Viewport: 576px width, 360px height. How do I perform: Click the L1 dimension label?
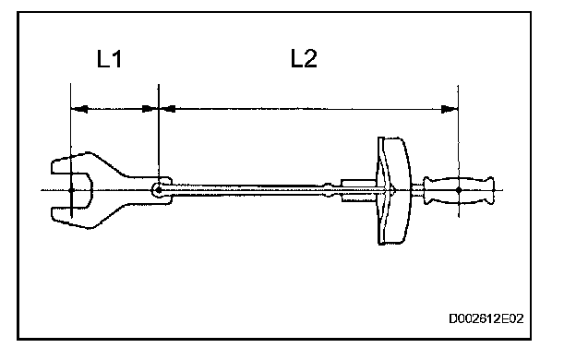pyautogui.click(x=109, y=59)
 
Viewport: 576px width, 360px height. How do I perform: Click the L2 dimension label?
pyautogui.click(x=304, y=59)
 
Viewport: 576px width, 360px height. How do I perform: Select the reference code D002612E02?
pyautogui.click(x=486, y=318)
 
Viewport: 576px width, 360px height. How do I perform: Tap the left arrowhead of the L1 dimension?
pyautogui.click(x=79, y=109)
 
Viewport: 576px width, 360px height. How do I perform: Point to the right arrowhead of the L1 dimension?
pyautogui.click(x=150, y=109)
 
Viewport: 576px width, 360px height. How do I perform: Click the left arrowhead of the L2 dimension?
pyautogui.click(x=167, y=109)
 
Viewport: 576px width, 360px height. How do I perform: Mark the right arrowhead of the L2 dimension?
pyautogui.click(x=450, y=109)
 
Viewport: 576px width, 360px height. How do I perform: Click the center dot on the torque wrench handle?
pyautogui.click(x=459, y=190)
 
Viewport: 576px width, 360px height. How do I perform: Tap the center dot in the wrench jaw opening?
pyautogui.click(x=71, y=190)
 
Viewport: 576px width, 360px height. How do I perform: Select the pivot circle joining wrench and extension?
pyautogui.click(x=158, y=190)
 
